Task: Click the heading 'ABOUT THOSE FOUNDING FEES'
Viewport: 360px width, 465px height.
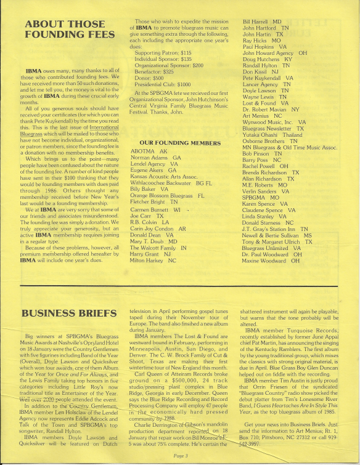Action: point(66,31)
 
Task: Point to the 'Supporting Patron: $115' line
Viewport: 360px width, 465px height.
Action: point(163,54)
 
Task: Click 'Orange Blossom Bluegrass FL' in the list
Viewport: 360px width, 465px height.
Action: point(167,195)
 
